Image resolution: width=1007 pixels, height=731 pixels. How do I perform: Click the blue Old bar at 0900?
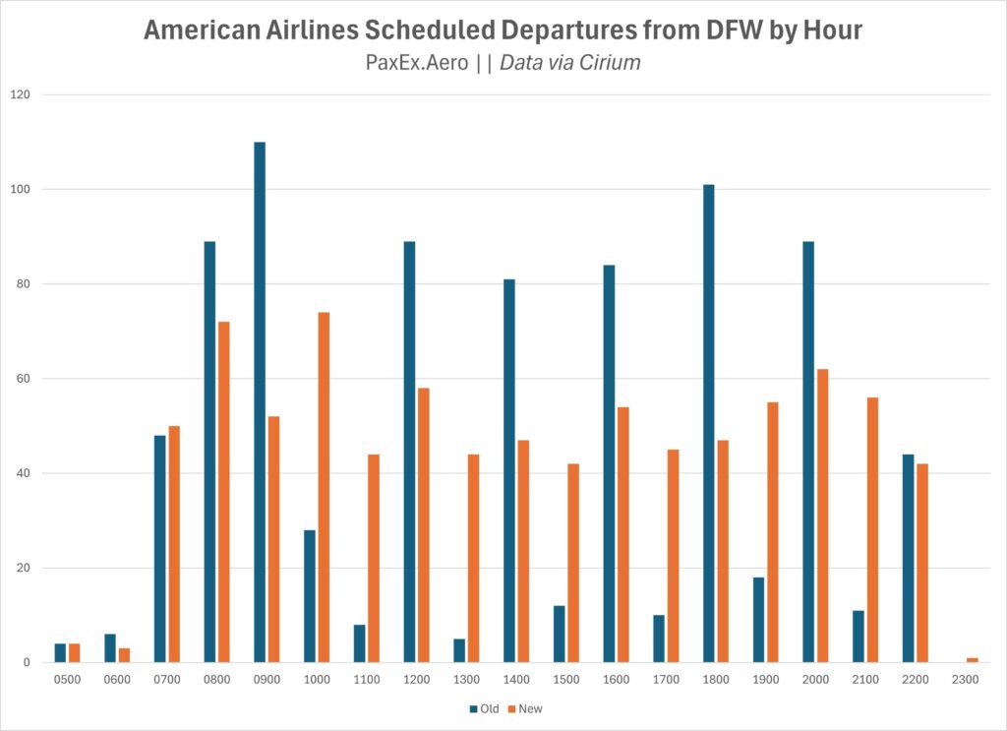(260, 402)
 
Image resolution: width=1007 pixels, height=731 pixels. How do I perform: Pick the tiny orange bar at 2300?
(972, 660)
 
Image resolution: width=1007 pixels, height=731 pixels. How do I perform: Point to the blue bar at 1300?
(459, 650)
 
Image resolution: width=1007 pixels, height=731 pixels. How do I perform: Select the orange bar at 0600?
(124, 655)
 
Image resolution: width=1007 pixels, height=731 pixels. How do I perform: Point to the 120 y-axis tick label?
(21, 94)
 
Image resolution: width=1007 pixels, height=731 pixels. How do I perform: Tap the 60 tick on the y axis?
(24, 379)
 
